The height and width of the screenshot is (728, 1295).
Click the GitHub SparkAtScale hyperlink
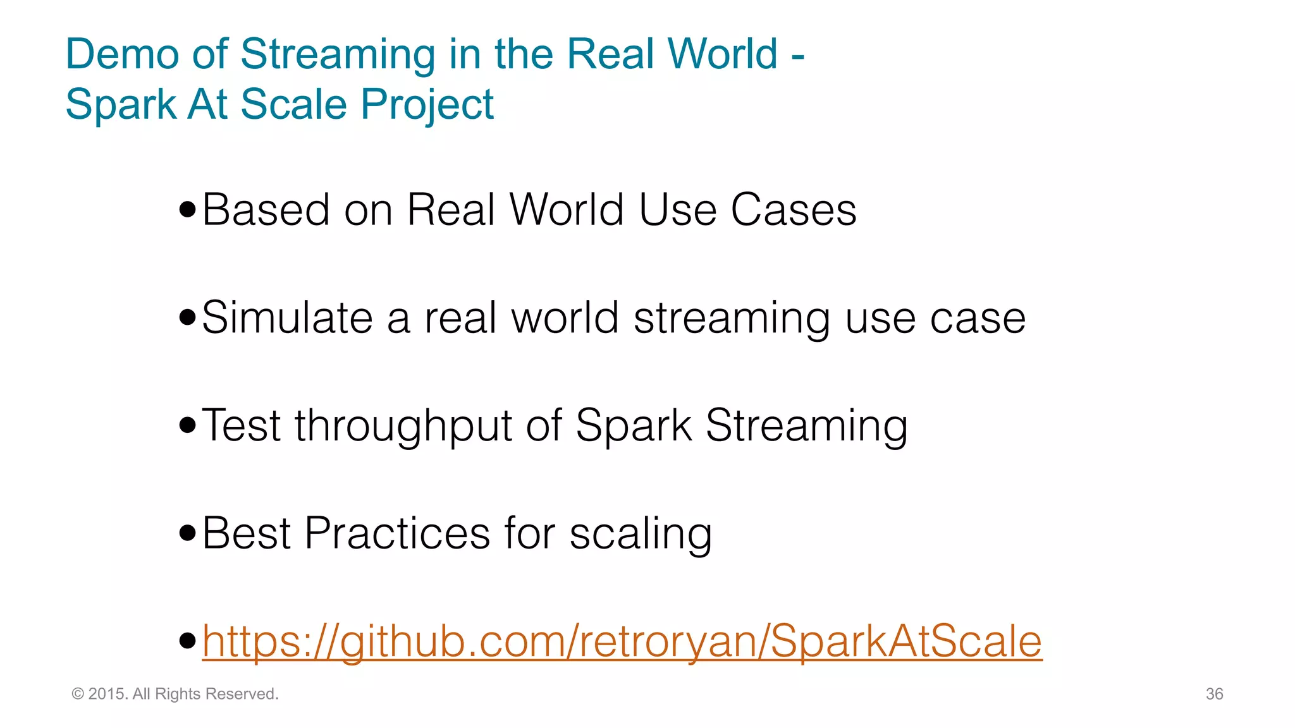click(x=622, y=641)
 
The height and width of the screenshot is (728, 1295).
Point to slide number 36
click(x=1214, y=694)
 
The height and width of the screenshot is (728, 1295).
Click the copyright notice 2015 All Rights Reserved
click(x=175, y=694)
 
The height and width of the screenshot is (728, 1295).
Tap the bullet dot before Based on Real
click(x=188, y=210)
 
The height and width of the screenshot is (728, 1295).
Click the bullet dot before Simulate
click(x=188, y=317)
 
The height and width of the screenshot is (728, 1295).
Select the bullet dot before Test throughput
click(x=188, y=425)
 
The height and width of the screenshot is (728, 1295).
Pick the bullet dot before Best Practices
click(x=188, y=533)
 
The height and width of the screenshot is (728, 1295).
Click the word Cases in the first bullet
click(x=794, y=210)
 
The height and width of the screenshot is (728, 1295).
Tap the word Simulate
click(x=287, y=317)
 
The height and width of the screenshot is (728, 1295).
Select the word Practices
click(x=397, y=533)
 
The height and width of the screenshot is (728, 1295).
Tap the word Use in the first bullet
click(x=677, y=210)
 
